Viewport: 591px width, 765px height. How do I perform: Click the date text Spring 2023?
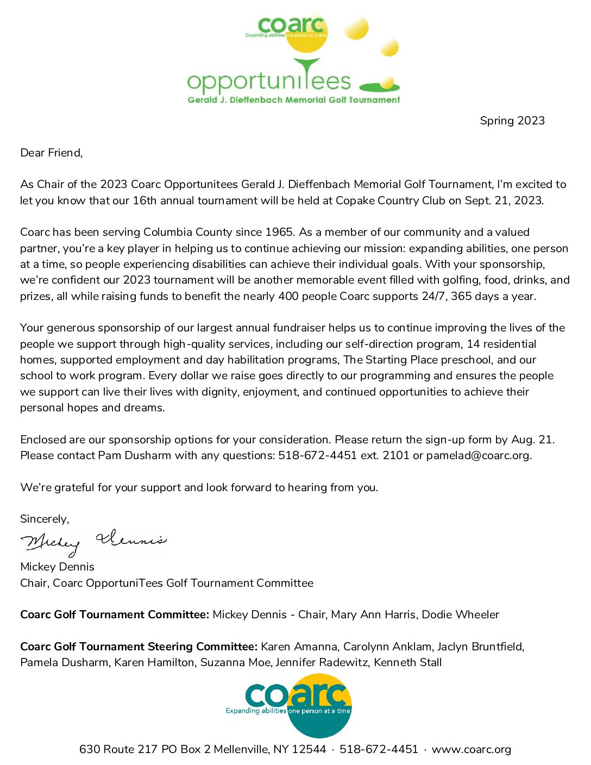pos(512,121)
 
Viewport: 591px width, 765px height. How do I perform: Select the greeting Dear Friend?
pos(51,153)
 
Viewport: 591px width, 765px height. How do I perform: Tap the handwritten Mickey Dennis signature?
pos(93,541)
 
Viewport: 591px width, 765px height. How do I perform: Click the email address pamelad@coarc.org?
pos(478,455)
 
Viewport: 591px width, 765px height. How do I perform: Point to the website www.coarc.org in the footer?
pos(471,749)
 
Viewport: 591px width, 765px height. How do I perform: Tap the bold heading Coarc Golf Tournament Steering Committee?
pos(139,647)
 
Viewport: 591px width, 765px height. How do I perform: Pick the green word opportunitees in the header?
pos(269,81)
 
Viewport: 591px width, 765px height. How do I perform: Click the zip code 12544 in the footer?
pos(309,749)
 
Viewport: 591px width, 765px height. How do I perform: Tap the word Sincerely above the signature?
pos(44,519)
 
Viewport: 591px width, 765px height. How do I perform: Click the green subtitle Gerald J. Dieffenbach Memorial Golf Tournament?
pos(293,100)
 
